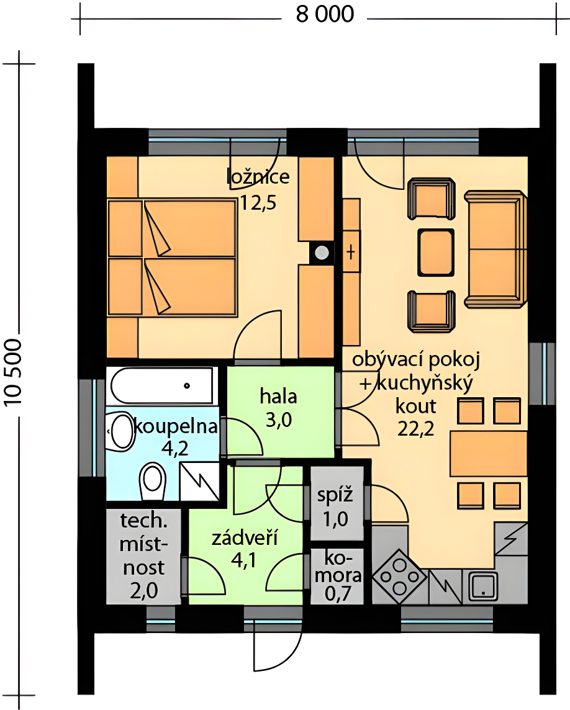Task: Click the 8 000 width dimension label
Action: tap(325, 14)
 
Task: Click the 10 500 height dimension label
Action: tap(13, 372)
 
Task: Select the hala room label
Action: tap(278, 396)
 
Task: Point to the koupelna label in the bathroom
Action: tap(176, 426)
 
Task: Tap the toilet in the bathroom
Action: tap(152, 482)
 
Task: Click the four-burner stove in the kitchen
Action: tap(399, 577)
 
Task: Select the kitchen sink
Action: tap(483, 585)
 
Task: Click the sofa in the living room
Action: tap(495, 248)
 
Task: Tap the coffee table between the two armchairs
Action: tap(435, 253)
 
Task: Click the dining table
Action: tap(489, 454)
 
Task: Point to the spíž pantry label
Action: tap(335, 495)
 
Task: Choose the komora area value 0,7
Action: tap(338, 593)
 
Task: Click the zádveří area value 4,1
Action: tap(244, 560)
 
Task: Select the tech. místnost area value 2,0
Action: tap(143, 591)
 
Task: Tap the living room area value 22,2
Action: tap(415, 428)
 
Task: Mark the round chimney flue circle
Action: tap(322, 253)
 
